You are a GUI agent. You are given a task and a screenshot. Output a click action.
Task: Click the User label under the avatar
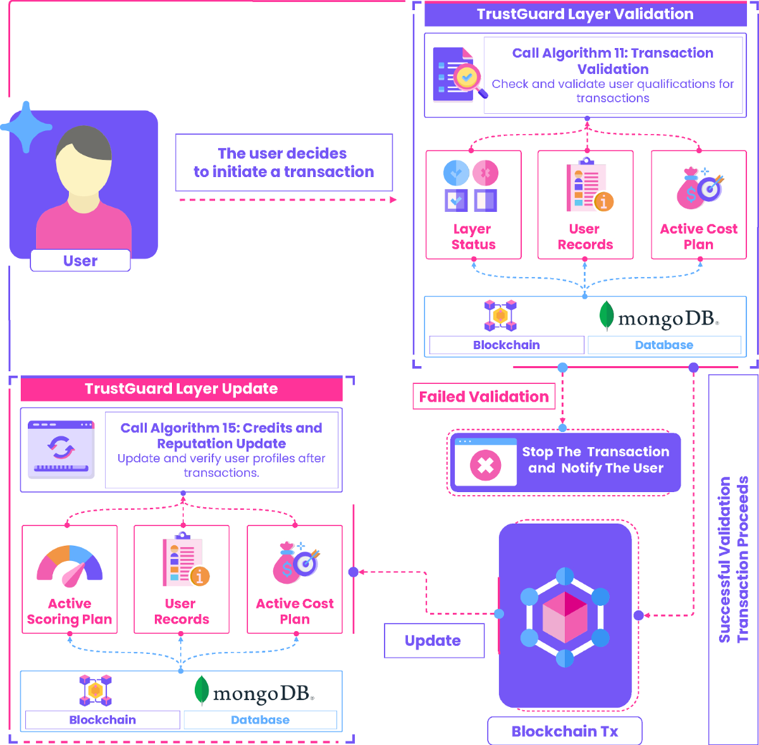coord(80,261)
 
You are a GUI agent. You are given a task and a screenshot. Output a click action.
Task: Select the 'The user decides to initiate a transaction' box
coord(284,163)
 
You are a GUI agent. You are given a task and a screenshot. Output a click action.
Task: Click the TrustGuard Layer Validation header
coord(585,15)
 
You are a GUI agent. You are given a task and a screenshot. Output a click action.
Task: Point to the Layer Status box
coord(473,204)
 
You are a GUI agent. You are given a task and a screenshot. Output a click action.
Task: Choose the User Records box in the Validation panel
coord(585,204)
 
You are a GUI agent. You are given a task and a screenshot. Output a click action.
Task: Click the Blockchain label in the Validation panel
coord(506,345)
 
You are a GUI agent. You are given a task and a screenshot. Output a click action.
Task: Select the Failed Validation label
coord(484,397)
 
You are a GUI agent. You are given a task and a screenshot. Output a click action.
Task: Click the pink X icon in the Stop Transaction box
coord(485,466)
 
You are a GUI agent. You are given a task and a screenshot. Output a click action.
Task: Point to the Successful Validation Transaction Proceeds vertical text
coord(733,560)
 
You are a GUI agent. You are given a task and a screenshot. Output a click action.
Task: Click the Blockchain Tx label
coord(565,731)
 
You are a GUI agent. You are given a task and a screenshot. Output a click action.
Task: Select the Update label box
coord(433,641)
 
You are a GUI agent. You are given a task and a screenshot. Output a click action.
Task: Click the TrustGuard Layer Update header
coord(182,389)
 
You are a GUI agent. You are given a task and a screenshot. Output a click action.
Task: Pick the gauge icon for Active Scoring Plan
coord(70,563)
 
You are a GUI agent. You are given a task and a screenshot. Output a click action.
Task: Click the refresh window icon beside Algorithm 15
coord(61,448)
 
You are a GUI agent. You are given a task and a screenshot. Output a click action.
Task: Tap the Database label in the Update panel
coord(260,720)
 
